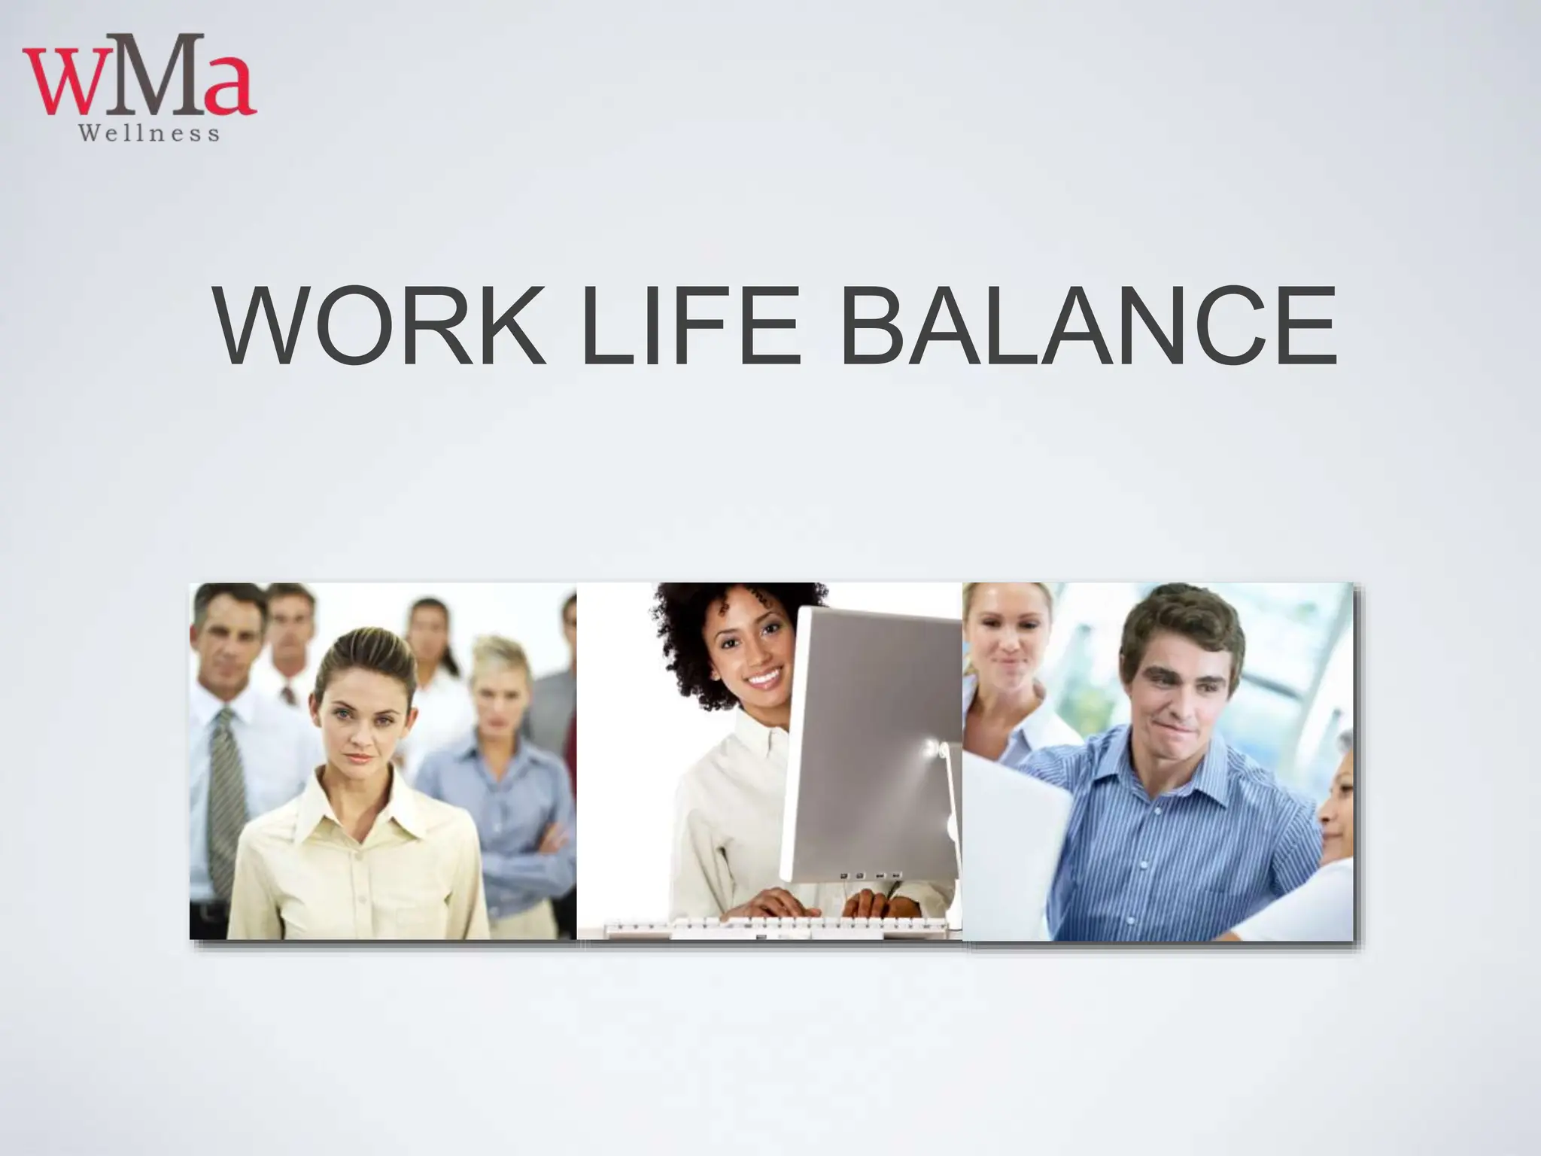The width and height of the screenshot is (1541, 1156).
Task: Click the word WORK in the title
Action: pyautogui.click(x=381, y=327)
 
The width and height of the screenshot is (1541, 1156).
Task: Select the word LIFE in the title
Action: pyautogui.click(x=688, y=327)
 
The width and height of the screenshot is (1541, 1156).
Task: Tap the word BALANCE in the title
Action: pyautogui.click(x=1088, y=327)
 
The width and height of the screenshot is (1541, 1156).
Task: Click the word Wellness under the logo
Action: pyautogui.click(x=149, y=134)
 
